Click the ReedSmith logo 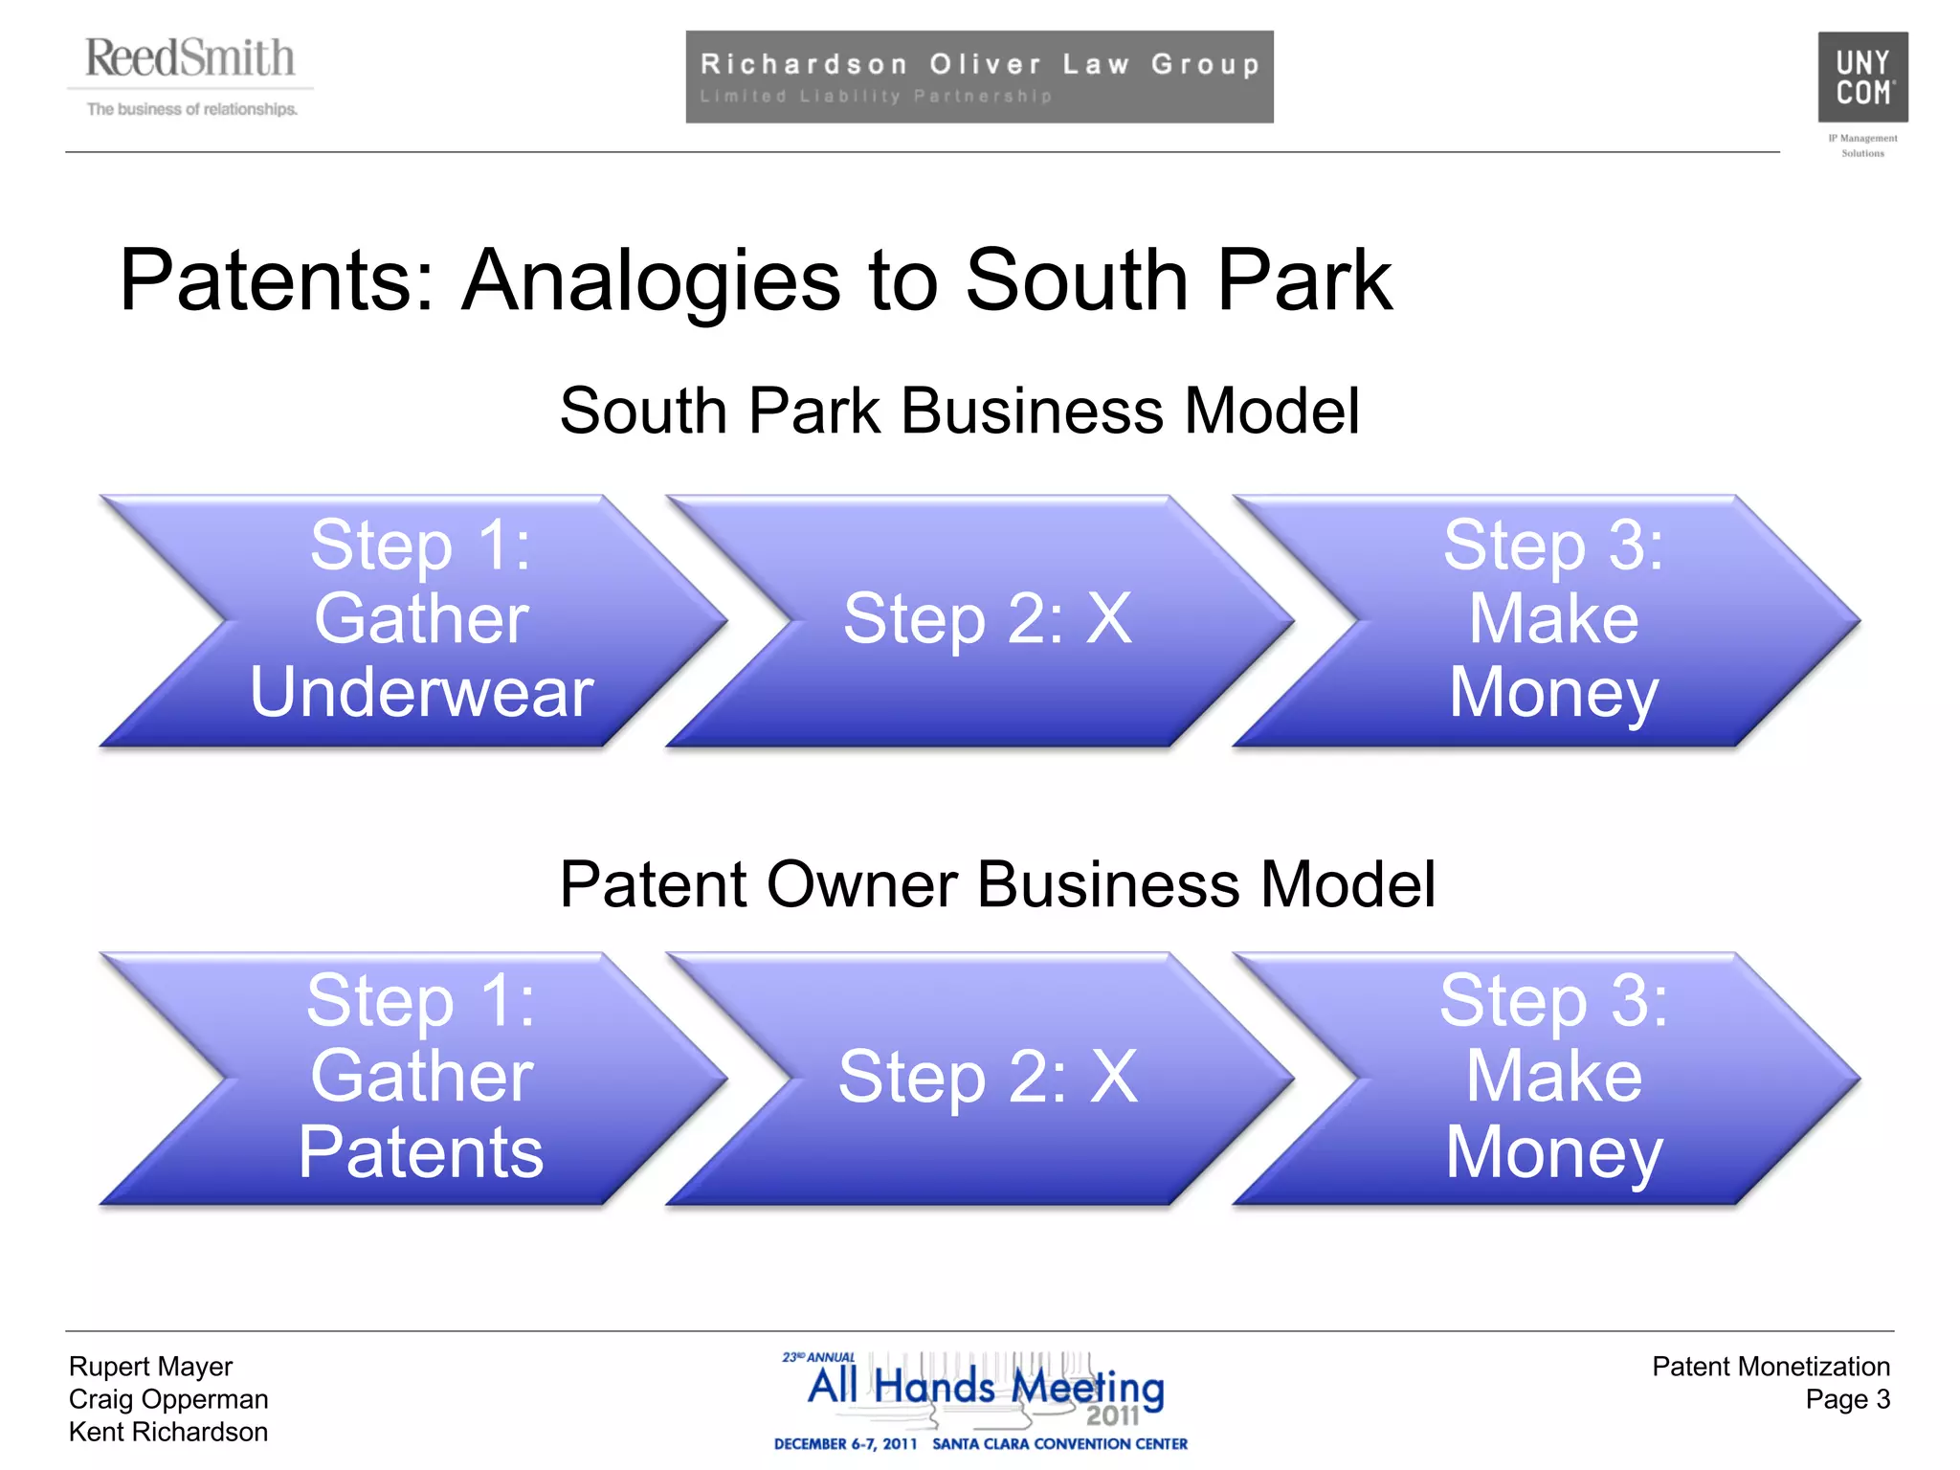click(189, 59)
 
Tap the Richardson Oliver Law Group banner click(979, 77)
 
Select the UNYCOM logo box click(1862, 77)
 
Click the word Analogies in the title click(651, 280)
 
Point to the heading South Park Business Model click(959, 412)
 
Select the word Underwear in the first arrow click(421, 692)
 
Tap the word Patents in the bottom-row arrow click(421, 1151)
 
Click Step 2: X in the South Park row click(988, 619)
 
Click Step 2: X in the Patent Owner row click(988, 1078)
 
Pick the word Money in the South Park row click(1553, 692)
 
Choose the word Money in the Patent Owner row click(1553, 1152)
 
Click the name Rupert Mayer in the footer click(150, 1367)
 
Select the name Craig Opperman click(168, 1399)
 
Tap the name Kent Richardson click(168, 1432)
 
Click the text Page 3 click(1847, 1399)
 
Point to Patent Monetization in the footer click(1771, 1367)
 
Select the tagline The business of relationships click(191, 109)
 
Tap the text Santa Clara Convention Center click(1059, 1444)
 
